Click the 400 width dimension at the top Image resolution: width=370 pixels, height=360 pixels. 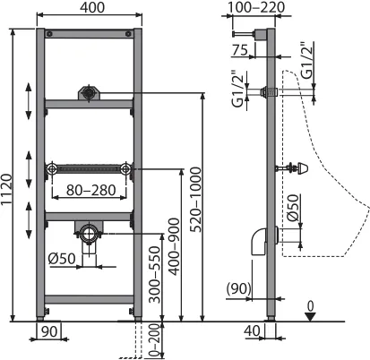point(92,8)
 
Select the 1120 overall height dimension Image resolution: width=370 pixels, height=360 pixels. point(6,189)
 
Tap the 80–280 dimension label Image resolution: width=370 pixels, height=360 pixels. point(91,190)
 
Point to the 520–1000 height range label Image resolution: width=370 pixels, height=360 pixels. point(196,200)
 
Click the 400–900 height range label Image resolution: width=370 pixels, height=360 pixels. point(174,246)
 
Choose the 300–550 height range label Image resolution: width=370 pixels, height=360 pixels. point(154,274)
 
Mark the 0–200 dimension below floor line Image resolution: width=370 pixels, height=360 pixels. point(154,340)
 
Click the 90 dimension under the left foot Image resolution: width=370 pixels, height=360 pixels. point(49,331)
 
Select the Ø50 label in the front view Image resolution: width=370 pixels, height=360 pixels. point(62,259)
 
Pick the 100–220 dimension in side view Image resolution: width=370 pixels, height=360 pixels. point(256,7)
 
